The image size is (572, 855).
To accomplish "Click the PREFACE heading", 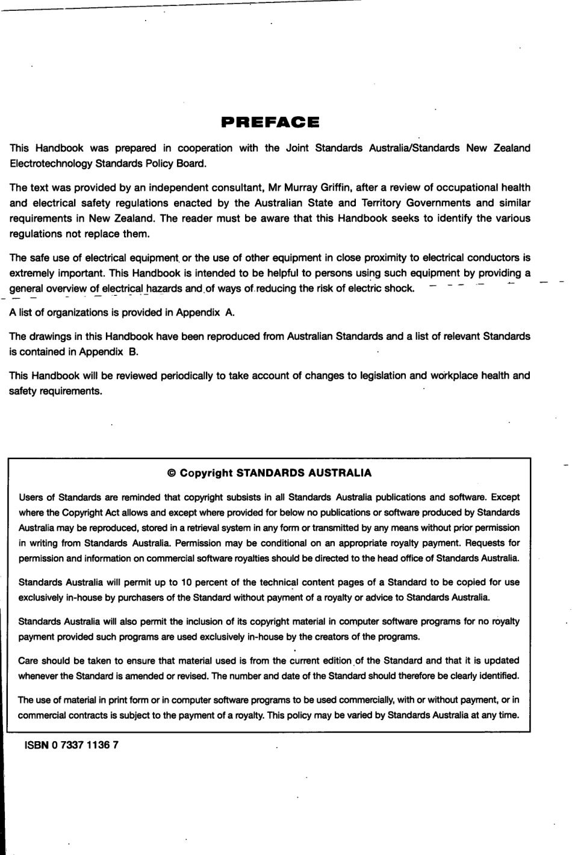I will click(x=270, y=123).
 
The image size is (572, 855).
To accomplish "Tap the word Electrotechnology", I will click(x=47, y=163).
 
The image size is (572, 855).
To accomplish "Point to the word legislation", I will click(x=382, y=375).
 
